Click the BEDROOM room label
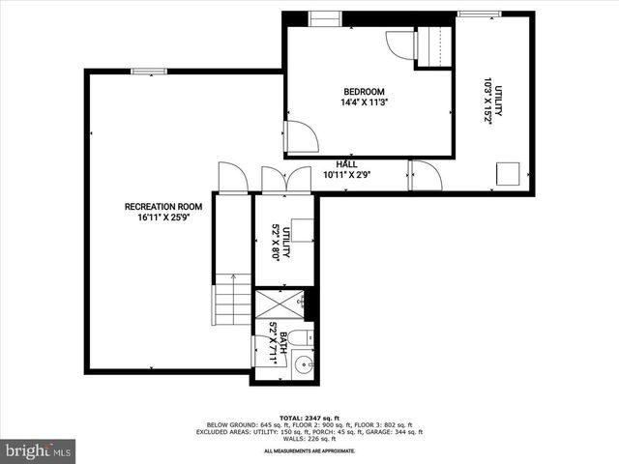pyautogui.click(x=363, y=92)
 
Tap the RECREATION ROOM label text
pyautogui.click(x=162, y=206)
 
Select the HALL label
pyautogui.click(x=346, y=164)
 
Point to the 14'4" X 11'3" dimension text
pyautogui.click(x=363, y=102)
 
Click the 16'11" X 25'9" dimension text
pyautogui.click(x=162, y=217)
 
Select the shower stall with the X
pyautogui.click(x=278, y=304)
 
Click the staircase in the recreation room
pyautogui.click(x=232, y=300)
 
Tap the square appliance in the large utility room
pyautogui.click(x=509, y=174)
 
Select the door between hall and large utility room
pyautogui.click(x=425, y=175)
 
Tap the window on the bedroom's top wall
pyautogui.click(x=324, y=18)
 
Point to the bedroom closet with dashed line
pyautogui.click(x=433, y=46)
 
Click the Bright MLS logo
pyautogui.click(x=39, y=450)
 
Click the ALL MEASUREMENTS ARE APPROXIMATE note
pyautogui.click(x=309, y=450)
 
